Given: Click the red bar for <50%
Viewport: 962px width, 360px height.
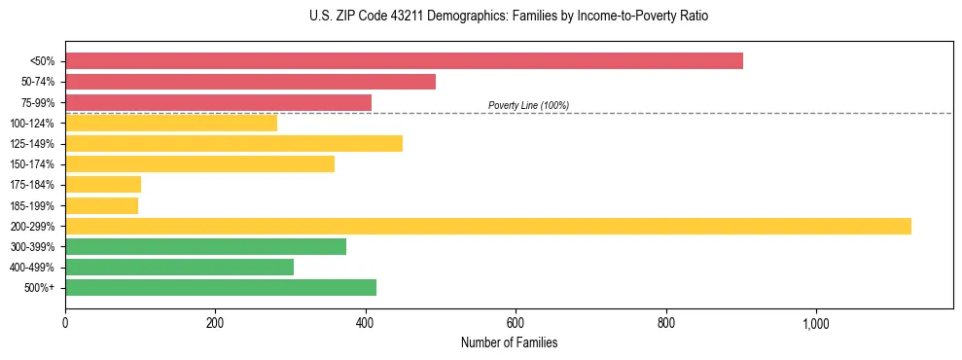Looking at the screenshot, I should (x=404, y=61).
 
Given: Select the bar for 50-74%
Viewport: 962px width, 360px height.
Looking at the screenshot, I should (x=250, y=82).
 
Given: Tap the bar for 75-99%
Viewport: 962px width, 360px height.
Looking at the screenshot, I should (x=218, y=102).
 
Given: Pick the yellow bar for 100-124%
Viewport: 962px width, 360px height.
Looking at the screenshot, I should (x=171, y=123).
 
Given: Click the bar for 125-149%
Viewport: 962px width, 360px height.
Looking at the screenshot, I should (x=233, y=144).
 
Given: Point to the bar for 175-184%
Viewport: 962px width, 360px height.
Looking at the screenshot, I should (x=103, y=185).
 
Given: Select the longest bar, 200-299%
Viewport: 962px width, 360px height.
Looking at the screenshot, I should (x=487, y=226).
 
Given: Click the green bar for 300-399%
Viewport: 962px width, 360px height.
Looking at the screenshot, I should (x=205, y=247).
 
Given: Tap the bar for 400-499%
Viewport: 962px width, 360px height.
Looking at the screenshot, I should (x=179, y=268).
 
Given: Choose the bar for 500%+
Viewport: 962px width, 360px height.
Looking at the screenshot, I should (x=221, y=288).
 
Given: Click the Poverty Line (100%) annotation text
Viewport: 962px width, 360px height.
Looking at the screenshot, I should (x=528, y=105).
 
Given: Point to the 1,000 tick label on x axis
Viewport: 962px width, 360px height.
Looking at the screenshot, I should (x=815, y=323).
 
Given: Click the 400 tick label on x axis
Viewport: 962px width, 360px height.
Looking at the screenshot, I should (x=366, y=323).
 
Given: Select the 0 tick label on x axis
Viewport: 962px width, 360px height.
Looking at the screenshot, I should (x=65, y=323).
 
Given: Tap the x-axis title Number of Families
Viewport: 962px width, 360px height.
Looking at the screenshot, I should (x=509, y=342).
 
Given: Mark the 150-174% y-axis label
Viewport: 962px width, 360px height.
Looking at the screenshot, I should (x=32, y=164).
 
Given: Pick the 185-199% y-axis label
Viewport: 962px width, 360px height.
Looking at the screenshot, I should (x=32, y=206).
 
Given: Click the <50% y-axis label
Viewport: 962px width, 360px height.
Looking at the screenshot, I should (x=43, y=61).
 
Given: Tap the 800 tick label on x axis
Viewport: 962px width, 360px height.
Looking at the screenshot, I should (x=666, y=323).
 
